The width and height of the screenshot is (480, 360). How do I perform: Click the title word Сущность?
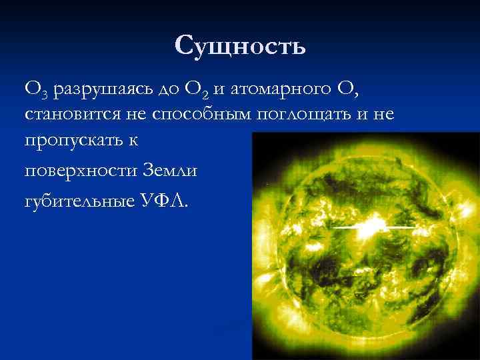pyautogui.click(x=240, y=46)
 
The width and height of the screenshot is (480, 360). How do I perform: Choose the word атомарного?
pyautogui.click(x=278, y=89)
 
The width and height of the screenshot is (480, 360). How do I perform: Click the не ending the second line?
pyautogui.click(x=383, y=115)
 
